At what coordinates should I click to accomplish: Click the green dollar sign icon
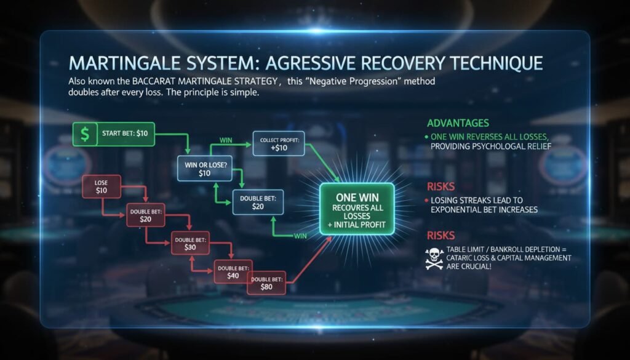85,134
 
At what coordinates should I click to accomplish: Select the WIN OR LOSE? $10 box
205,169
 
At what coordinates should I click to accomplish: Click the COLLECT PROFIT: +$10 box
279,143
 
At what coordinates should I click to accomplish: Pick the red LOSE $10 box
102,186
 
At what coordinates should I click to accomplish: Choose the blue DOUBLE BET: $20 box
258,202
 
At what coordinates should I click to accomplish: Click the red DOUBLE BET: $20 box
145,215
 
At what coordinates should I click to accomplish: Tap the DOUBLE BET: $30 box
191,243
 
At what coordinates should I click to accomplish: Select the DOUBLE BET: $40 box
233,271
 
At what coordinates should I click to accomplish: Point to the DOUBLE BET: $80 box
266,283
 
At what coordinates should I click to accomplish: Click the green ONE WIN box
357,209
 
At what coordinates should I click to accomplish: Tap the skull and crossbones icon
434,258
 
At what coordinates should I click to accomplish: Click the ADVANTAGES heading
458,123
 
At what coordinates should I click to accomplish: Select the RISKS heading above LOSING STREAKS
441,186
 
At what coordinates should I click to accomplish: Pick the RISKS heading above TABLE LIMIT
441,236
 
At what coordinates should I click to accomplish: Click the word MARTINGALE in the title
123,63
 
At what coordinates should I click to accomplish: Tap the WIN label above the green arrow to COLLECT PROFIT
226,140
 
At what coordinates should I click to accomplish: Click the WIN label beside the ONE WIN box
300,236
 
